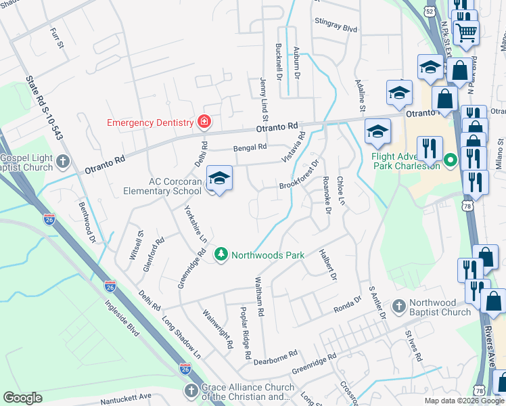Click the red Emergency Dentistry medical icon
pos(204,122)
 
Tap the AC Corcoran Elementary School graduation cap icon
pos(219,179)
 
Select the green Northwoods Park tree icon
pos(221,254)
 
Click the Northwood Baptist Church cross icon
pos(399,307)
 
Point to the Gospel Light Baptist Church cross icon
pos(63,161)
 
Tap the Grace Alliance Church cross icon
pos(191,392)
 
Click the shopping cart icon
pos(466,31)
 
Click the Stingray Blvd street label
pos(336,29)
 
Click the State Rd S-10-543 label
pos(44,108)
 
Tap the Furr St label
pos(57,38)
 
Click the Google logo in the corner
pos(22,398)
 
